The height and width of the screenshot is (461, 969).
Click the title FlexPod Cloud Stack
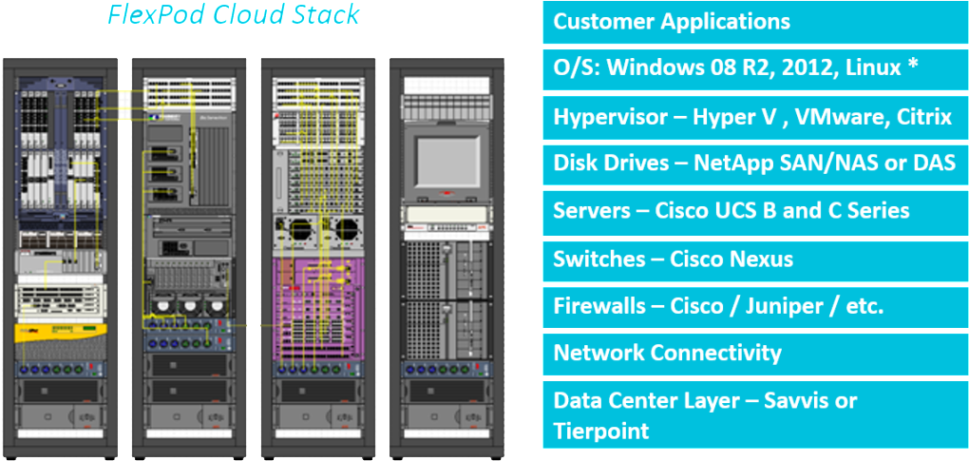pyautogui.click(x=233, y=15)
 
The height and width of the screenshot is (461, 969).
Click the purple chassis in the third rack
pyautogui.click(x=314, y=304)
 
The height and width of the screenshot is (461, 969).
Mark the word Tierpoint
pyautogui.click(x=601, y=431)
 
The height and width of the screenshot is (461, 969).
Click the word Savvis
pyautogui.click(x=796, y=400)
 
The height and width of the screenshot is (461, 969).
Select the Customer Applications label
pyautogui.click(x=672, y=21)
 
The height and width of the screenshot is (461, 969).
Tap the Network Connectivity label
pyautogui.click(x=667, y=353)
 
